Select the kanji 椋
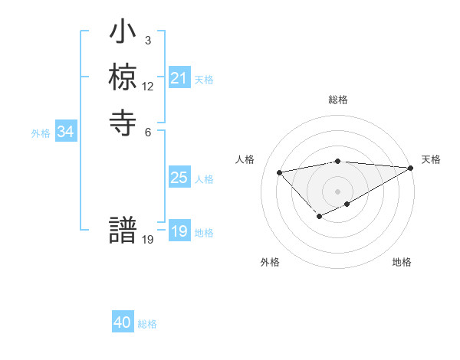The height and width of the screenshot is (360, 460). click(x=123, y=77)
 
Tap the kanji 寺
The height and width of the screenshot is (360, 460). click(x=123, y=120)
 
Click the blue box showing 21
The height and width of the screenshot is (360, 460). click(x=179, y=78)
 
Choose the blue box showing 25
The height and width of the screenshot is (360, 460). click(x=179, y=178)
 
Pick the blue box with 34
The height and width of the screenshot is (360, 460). click(x=66, y=132)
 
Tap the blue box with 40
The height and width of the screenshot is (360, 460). click(x=123, y=322)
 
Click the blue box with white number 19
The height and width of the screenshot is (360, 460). click(x=179, y=231)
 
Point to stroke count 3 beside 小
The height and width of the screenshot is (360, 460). click(x=147, y=40)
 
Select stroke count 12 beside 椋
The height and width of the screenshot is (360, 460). click(x=148, y=87)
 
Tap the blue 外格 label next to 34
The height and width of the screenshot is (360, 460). click(x=41, y=133)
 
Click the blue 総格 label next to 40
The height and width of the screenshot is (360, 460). click(x=147, y=324)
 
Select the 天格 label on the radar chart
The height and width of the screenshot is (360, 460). click(x=431, y=159)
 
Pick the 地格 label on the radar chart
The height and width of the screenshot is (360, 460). click(x=402, y=262)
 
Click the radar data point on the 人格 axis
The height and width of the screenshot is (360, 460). click(x=279, y=172)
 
